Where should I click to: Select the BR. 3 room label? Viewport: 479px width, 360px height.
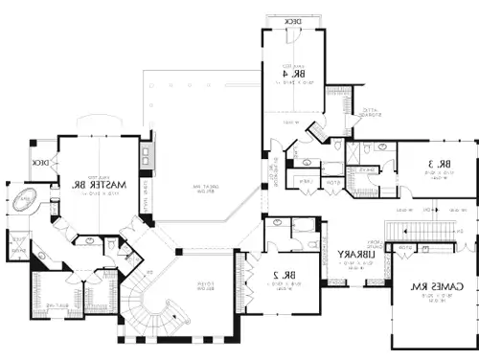pyautogui.click(x=439, y=167)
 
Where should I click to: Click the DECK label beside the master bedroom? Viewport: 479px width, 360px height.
pyautogui.click(x=40, y=164)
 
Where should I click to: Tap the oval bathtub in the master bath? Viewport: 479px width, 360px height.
pyautogui.click(x=23, y=202)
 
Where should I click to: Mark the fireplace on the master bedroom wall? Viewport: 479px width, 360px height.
pyautogui.click(x=147, y=156)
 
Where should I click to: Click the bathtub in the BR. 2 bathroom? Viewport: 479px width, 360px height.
pyautogui.click(x=305, y=225)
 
